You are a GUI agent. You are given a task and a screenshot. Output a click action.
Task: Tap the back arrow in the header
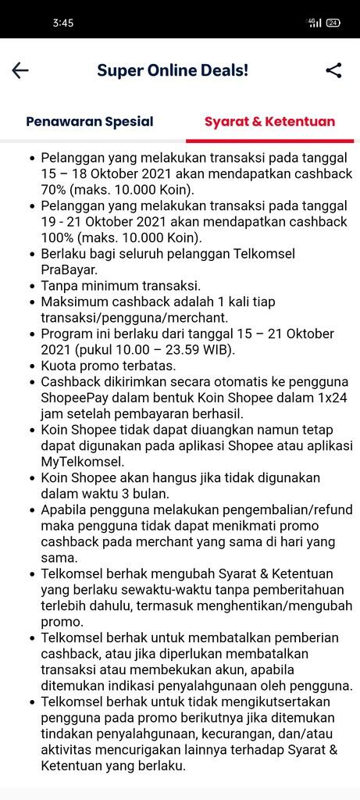(x=20, y=70)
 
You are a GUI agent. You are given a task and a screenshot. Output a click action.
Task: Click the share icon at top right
(x=333, y=70)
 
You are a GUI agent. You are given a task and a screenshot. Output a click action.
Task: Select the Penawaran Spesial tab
(x=90, y=122)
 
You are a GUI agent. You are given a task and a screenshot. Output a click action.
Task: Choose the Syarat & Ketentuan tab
(x=269, y=122)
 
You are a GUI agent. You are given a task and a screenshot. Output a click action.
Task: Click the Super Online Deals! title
(x=173, y=70)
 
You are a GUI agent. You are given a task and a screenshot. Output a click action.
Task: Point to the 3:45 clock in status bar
(x=63, y=23)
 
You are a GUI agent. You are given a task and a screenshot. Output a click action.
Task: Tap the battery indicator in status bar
(x=333, y=23)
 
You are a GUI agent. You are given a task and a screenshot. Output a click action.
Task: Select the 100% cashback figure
(x=59, y=238)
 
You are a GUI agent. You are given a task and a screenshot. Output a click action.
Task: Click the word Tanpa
(x=59, y=286)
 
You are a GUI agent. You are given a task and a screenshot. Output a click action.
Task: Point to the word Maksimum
(x=74, y=302)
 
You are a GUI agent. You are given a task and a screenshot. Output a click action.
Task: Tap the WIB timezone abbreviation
(x=218, y=349)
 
